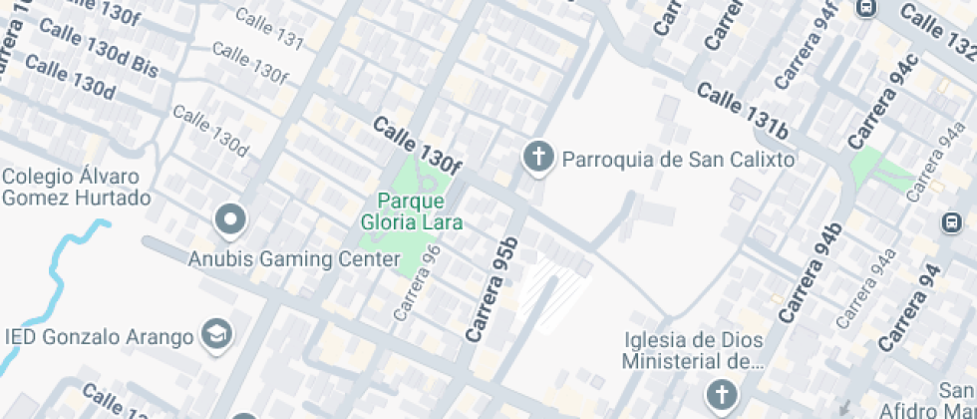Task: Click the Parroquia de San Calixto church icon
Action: pyautogui.click(x=538, y=157)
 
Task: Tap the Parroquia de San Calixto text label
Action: pyautogui.click(x=678, y=160)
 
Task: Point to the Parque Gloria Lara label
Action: pyautogui.click(x=412, y=211)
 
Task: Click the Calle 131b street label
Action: pyautogui.click(x=743, y=111)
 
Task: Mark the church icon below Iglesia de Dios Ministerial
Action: pyautogui.click(x=720, y=395)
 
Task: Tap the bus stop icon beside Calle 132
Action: pyautogui.click(x=866, y=7)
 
